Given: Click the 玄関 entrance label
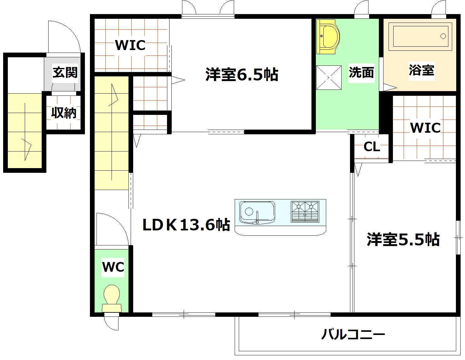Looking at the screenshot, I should tap(65, 73).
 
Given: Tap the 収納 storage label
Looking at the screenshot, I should tap(64, 112).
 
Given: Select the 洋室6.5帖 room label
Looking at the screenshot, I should tap(242, 75).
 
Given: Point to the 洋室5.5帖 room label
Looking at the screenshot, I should tap(403, 239).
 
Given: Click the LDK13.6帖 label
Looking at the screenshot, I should tap(186, 224).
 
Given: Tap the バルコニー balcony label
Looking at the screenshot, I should tap(353, 334).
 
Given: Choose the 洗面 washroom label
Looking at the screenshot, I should tap(361, 73).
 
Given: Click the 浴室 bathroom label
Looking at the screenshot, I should tap(421, 70).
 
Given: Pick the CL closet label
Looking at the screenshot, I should tap(372, 147).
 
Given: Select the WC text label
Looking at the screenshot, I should tap(113, 267).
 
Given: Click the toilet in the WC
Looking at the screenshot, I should tap(112, 297).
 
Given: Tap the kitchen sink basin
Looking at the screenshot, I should tap(257, 212).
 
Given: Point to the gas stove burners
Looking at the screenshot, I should tap(305, 212).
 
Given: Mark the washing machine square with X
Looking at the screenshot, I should tap(329, 77).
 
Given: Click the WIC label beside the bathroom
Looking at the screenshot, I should tap(425, 128).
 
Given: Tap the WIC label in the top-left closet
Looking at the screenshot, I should tap(130, 45).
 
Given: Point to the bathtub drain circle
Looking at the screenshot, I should tap(443, 36).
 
